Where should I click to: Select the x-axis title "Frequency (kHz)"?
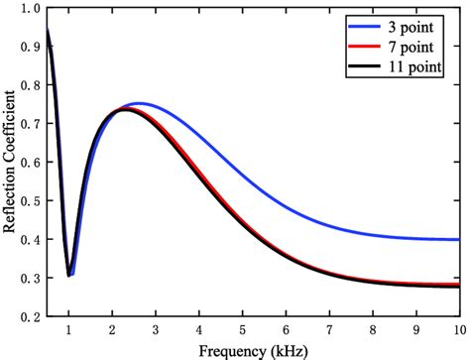254,350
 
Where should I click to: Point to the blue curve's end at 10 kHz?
458,239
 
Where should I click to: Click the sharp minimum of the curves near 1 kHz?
68,275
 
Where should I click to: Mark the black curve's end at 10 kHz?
458,286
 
